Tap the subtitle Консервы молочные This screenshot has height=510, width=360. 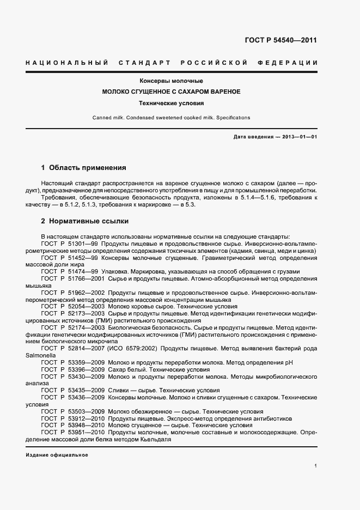171,81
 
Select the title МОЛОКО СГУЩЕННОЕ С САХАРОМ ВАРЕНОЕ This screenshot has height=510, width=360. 171,92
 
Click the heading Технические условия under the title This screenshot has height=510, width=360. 171,102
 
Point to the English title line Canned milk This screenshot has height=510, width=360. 171,117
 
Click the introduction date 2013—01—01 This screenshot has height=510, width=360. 298,137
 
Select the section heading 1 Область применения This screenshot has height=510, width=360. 84,167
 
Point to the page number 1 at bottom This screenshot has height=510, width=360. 316,466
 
